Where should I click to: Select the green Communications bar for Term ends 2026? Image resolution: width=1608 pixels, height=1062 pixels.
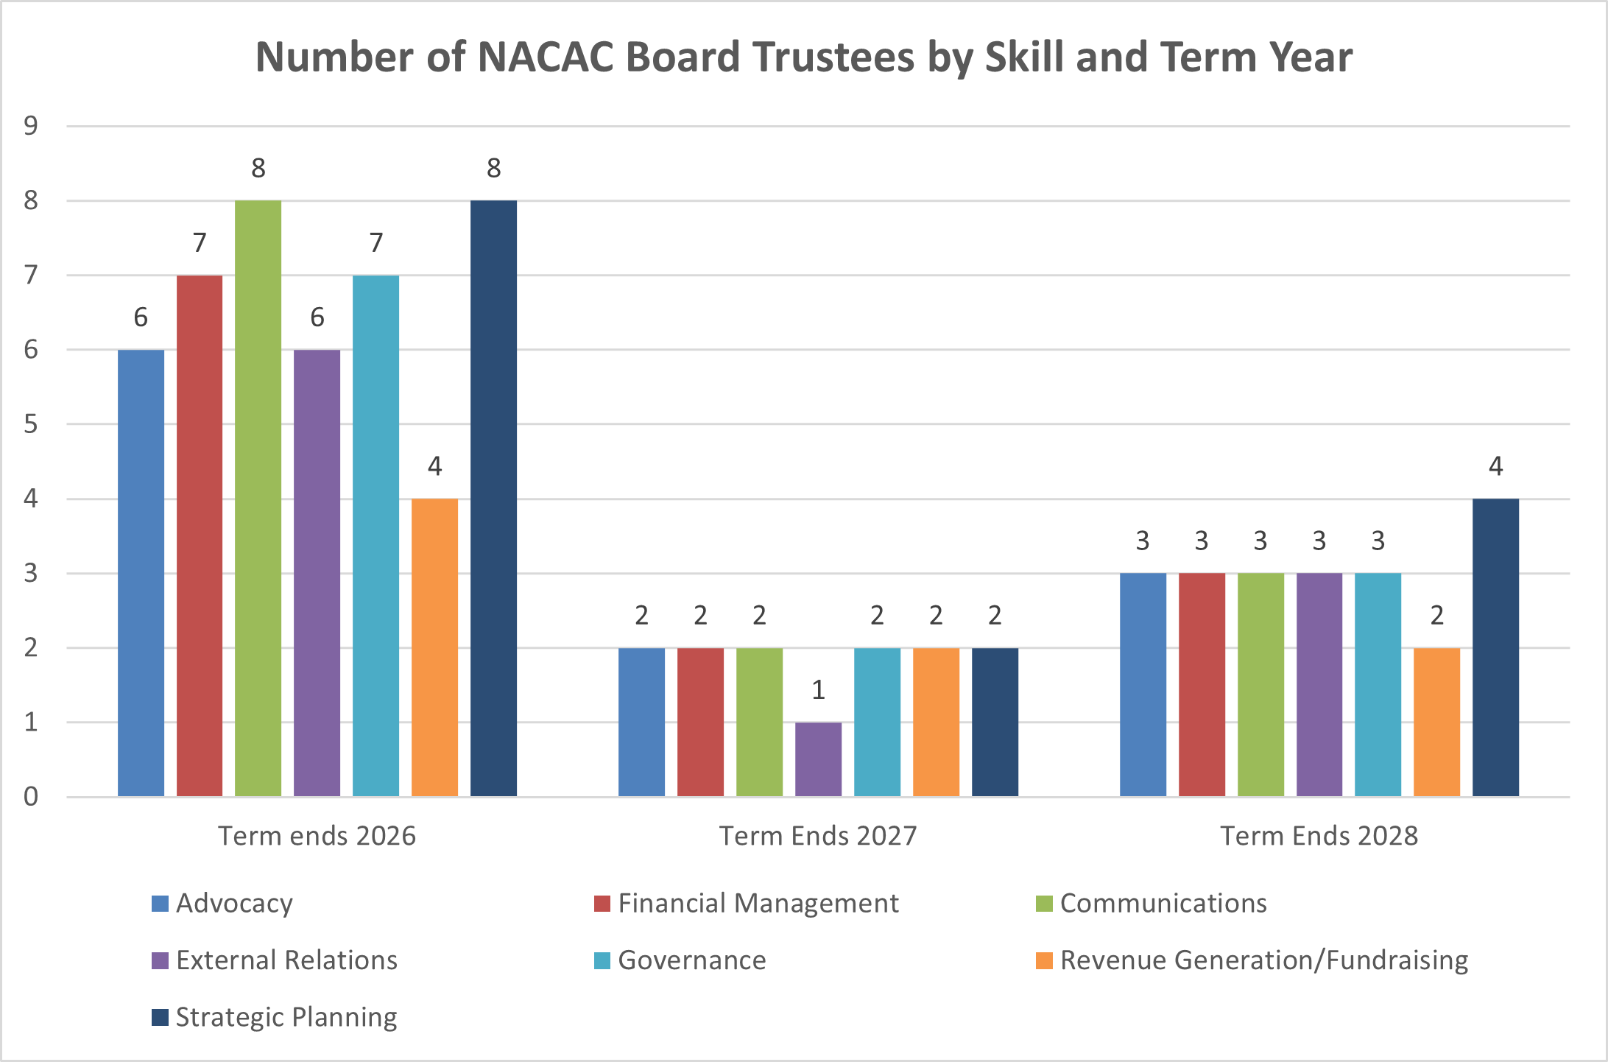tap(258, 498)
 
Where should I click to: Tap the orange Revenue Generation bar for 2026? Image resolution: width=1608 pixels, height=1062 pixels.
tap(434, 647)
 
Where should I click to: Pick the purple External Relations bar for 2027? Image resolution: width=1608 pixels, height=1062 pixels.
tap(818, 759)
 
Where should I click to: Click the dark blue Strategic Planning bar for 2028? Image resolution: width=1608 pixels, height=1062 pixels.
tap(1495, 647)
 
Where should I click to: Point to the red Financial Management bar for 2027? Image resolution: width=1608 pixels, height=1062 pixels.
tap(700, 722)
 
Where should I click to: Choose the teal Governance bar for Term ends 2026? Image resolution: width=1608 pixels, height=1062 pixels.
tap(375, 535)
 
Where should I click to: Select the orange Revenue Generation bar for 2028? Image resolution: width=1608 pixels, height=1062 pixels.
tap(1436, 722)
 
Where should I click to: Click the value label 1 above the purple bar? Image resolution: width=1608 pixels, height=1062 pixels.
tap(818, 690)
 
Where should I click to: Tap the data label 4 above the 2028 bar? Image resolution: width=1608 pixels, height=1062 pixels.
tap(1495, 466)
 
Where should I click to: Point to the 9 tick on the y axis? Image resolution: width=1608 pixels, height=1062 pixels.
tap(31, 126)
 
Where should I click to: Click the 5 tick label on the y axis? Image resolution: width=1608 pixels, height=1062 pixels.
tap(31, 424)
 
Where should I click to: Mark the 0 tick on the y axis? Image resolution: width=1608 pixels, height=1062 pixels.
tap(31, 796)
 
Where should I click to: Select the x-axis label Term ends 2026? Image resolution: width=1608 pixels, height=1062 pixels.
tap(317, 836)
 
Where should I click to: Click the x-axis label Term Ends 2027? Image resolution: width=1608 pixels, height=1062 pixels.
tap(818, 836)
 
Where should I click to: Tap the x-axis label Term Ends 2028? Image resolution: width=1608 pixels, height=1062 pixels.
tap(1319, 836)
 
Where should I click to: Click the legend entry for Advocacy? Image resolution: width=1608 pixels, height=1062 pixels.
tap(234, 904)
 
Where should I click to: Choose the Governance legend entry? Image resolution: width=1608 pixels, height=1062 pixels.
tap(691, 960)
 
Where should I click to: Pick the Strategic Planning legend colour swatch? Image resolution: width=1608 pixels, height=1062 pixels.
tap(160, 1017)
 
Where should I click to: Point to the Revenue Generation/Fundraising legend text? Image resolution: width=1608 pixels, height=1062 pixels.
tap(1263, 960)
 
